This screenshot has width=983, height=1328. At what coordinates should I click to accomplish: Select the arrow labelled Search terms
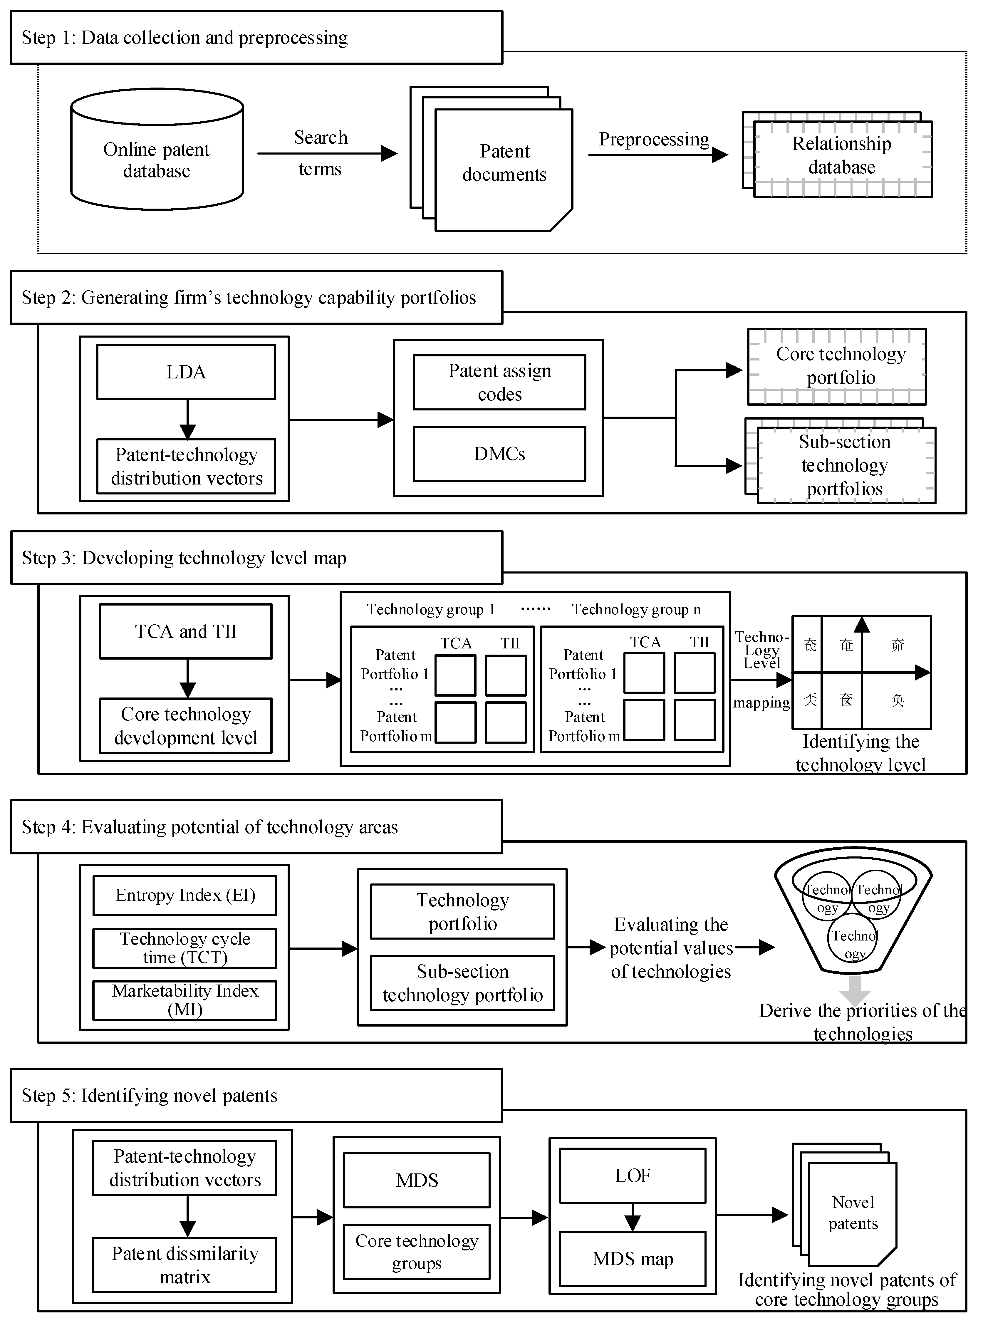(327, 153)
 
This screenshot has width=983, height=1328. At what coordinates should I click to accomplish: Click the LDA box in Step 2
(186, 372)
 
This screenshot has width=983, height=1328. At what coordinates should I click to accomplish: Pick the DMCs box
(499, 454)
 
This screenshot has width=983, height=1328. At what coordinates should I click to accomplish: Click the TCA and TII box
(186, 631)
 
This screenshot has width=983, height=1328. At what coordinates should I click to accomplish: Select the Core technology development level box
(186, 726)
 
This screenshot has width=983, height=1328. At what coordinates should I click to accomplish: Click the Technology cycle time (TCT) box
(185, 948)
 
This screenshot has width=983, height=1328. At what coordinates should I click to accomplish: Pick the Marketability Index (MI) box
(185, 1000)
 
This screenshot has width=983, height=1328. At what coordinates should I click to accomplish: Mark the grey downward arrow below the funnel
(855, 990)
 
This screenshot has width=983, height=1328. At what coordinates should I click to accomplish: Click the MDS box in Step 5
(417, 1180)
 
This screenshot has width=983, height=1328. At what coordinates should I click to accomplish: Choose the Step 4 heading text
(209, 827)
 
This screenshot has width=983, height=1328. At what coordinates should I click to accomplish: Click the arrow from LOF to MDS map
(633, 1217)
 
